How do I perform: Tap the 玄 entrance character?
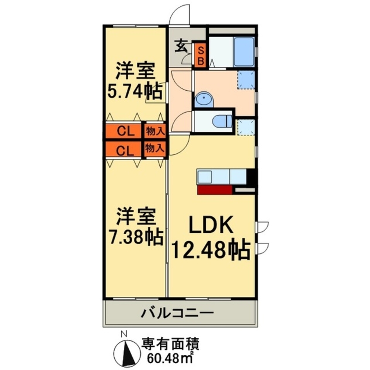point(181,47)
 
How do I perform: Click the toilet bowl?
point(223,121)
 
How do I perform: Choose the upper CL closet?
point(123,131)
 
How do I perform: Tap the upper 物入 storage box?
point(155,131)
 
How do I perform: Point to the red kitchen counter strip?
point(215,190)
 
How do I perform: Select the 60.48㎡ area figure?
point(170,359)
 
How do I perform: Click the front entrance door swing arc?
point(180,15)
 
